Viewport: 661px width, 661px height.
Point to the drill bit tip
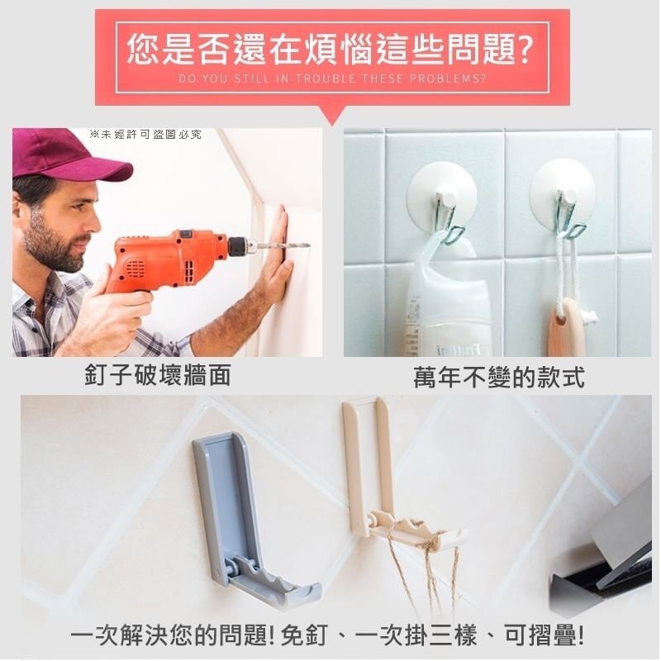tap(309, 245)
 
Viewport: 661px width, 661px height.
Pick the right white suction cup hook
tap(562, 194)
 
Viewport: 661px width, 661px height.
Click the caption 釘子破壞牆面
tap(158, 375)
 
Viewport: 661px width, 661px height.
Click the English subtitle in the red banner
tap(333, 78)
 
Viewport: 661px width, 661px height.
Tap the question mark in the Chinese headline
tap(524, 50)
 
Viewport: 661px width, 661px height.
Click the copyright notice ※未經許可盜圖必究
tap(145, 135)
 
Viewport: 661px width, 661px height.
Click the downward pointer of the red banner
tap(333, 116)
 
